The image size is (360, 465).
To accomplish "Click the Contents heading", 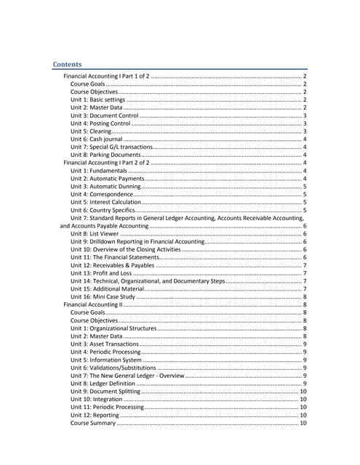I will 71,64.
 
